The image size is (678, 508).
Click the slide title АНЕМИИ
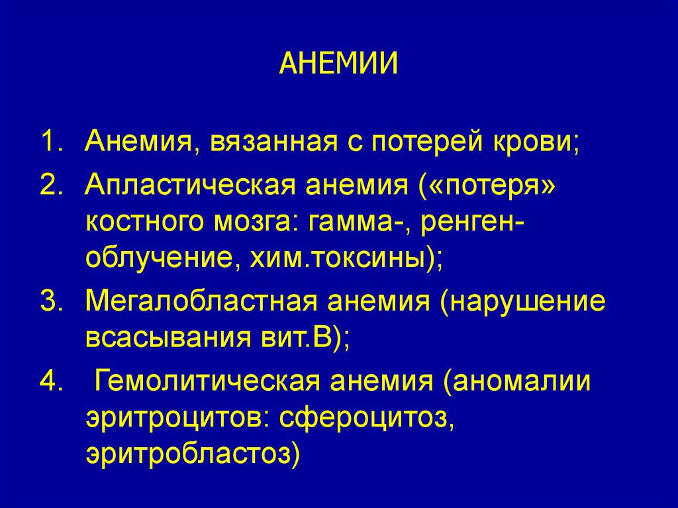338,64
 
